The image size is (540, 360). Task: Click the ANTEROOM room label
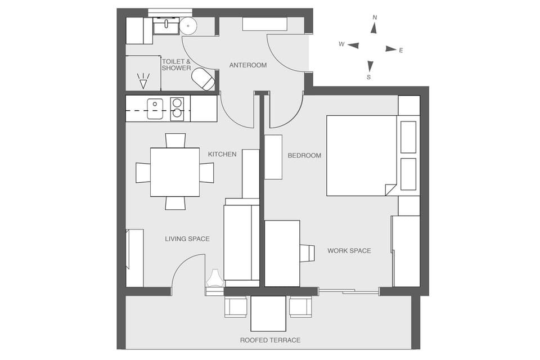point(247,65)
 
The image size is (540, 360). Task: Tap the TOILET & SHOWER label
point(176,65)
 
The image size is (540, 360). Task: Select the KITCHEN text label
point(222,154)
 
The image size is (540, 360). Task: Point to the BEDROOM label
point(304,155)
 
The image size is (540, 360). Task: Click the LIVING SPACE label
point(187,239)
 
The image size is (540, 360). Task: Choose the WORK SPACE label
point(349,251)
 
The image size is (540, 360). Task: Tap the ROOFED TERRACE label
point(270,340)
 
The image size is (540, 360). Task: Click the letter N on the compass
point(375,17)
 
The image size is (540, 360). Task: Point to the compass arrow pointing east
point(390,49)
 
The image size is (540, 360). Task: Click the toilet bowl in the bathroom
point(203,79)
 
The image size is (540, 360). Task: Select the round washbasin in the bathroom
point(188,25)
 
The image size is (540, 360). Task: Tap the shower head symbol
point(143,81)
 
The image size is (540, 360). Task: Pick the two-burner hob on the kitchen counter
point(177,109)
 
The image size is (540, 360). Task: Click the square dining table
point(175,172)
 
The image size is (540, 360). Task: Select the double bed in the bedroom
point(362,156)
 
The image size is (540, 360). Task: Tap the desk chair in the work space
point(307,253)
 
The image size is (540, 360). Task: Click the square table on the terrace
point(268,313)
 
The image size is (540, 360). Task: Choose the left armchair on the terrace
point(236,307)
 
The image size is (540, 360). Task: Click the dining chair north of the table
point(175,140)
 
